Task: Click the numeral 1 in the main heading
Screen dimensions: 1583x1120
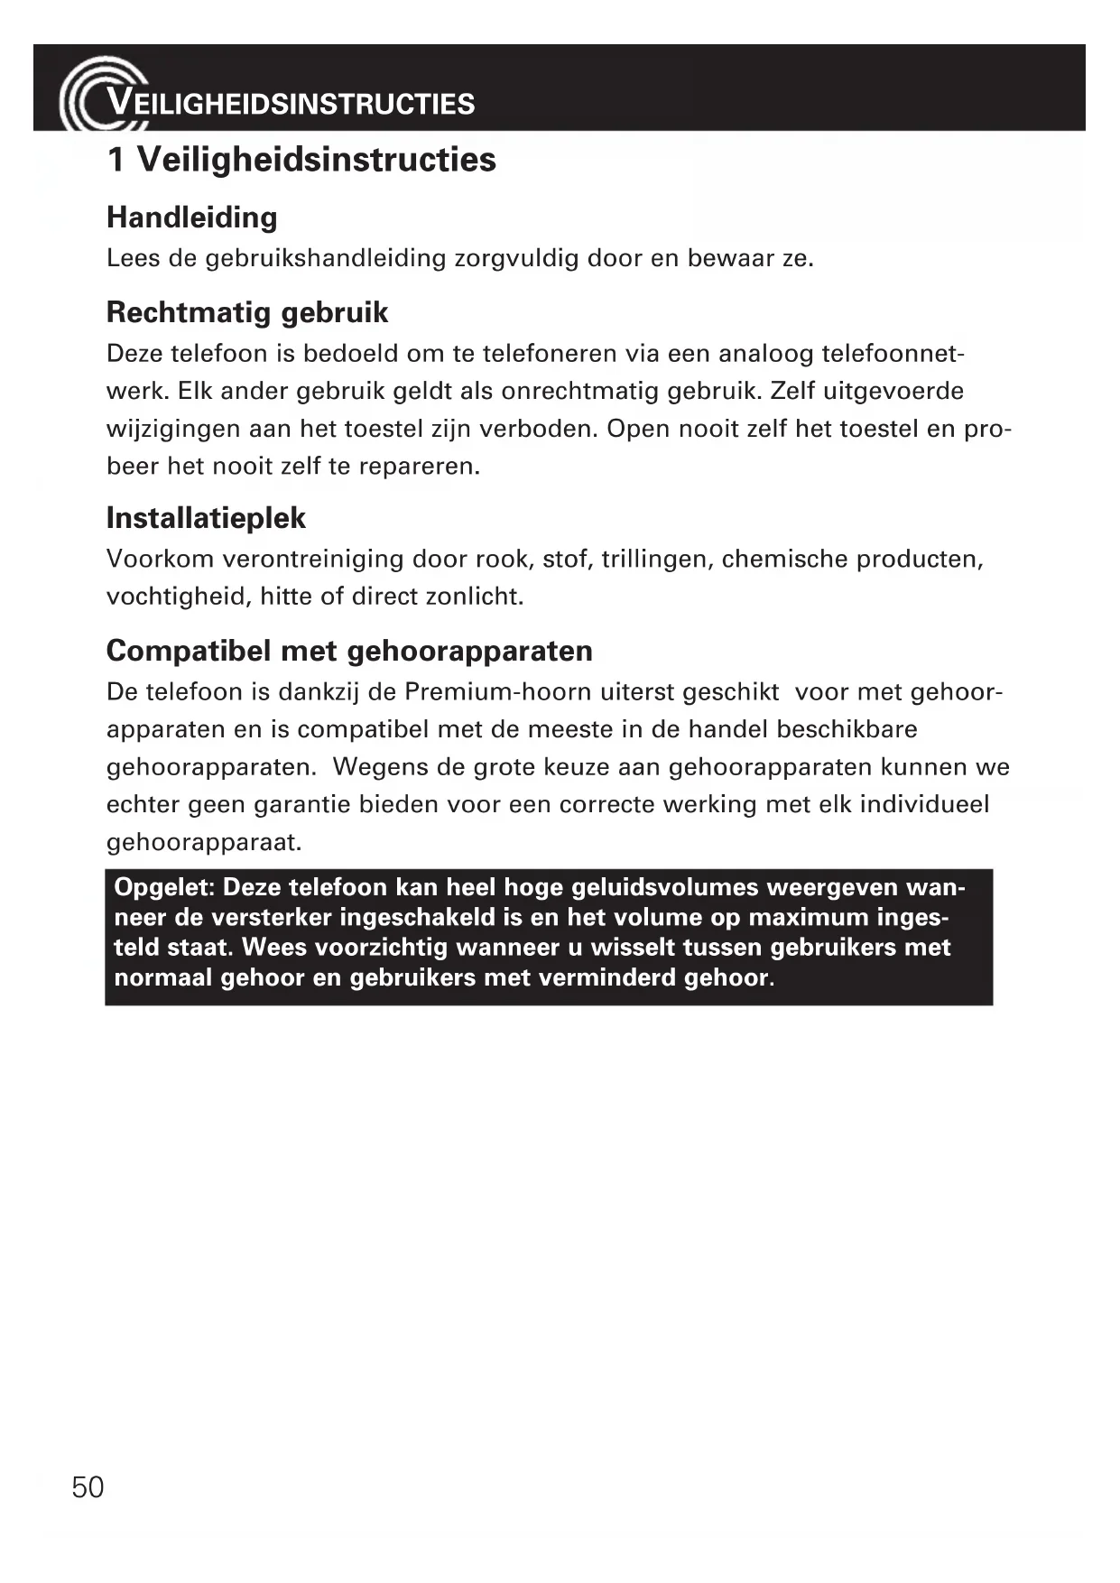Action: (x=116, y=160)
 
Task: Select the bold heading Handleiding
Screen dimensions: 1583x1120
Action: (x=192, y=218)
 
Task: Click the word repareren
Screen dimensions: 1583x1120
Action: (x=420, y=467)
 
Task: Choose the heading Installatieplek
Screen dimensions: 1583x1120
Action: (x=206, y=518)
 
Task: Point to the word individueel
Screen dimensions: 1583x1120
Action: (x=924, y=804)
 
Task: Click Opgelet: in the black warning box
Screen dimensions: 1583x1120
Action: (x=163, y=887)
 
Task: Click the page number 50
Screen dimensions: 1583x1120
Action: (x=88, y=1486)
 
